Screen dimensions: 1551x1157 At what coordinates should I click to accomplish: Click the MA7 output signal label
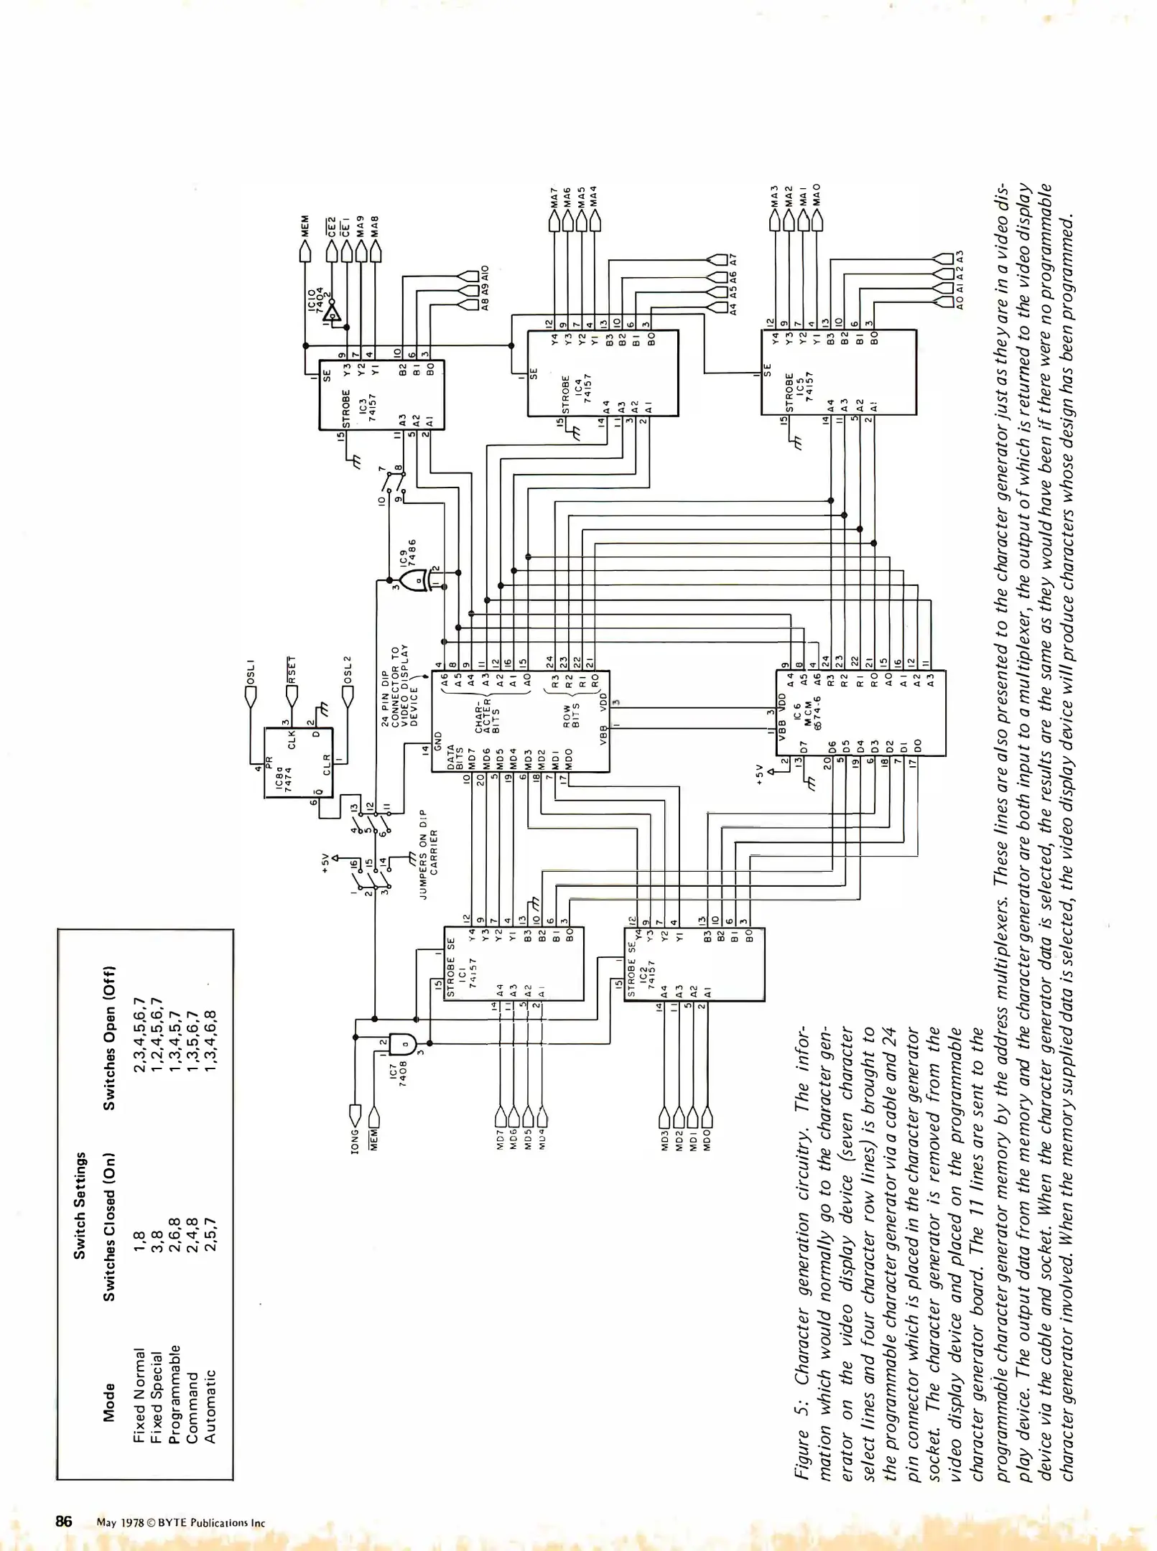click(x=553, y=197)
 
